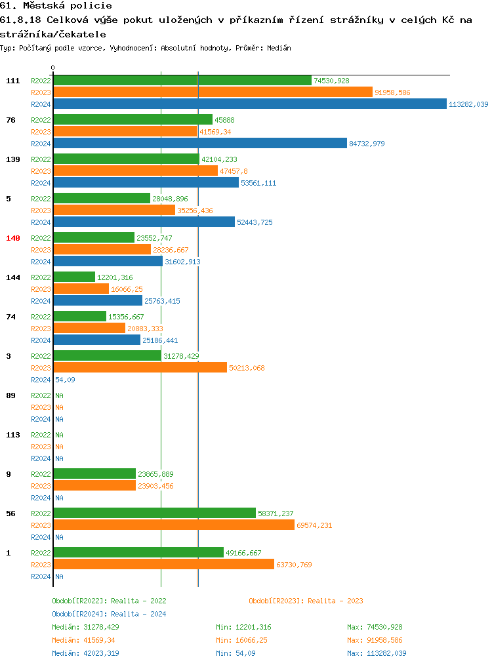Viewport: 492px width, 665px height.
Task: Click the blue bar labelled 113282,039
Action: [249, 104]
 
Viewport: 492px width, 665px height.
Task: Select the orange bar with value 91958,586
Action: [213, 92]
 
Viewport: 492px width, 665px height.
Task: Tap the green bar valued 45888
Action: [133, 120]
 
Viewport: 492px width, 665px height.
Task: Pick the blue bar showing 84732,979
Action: [199, 144]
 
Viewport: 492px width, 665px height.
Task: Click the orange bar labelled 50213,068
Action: [140, 368]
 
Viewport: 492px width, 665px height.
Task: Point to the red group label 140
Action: [13, 238]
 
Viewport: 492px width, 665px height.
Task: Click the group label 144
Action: [13, 277]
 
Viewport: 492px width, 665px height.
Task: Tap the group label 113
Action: [13, 435]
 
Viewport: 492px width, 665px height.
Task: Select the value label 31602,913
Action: [182, 262]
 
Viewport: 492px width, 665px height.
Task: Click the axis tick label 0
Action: [53, 68]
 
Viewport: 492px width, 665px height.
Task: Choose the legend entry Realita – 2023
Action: [306, 601]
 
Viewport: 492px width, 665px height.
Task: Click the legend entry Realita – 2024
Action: [109, 614]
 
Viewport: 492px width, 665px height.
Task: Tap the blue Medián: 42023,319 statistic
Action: [85, 653]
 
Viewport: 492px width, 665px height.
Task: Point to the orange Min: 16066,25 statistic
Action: [241, 640]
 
